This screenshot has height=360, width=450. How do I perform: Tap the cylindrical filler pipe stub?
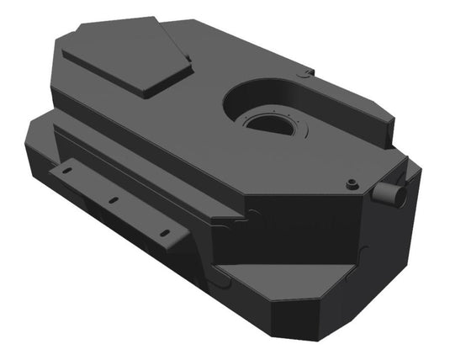[391, 194]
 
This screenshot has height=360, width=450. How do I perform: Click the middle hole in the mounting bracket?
[110, 200]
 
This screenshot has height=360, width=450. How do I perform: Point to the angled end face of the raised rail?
[387, 130]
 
